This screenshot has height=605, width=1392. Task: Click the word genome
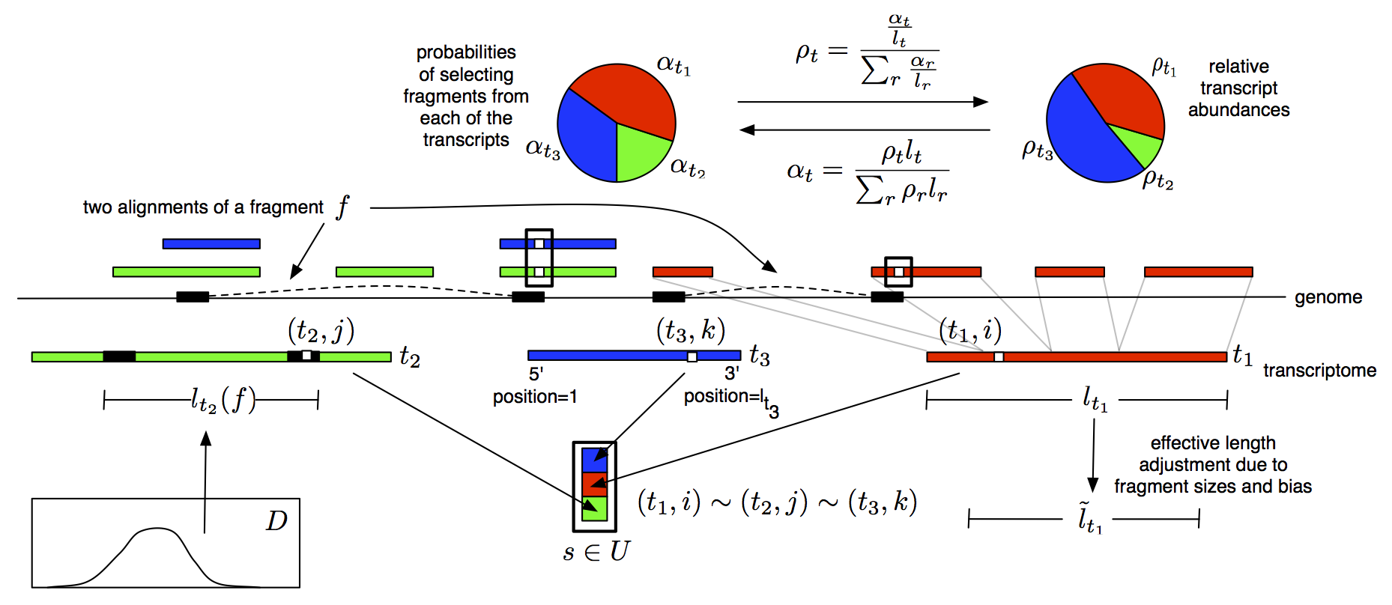tap(1328, 297)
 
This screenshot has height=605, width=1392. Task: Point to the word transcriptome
tap(1319, 371)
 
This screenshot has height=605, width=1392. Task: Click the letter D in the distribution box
tap(276, 520)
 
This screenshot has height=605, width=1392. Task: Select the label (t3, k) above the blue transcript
tap(690, 330)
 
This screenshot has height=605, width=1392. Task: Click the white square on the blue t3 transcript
tap(692, 357)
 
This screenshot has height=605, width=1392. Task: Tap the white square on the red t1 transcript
tap(998, 357)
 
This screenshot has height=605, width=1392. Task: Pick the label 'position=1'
tap(534, 397)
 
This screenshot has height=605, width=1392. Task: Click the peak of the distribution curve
tap(157, 529)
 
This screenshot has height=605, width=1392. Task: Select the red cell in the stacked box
tap(594, 484)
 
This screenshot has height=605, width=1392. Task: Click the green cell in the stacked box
tap(594, 509)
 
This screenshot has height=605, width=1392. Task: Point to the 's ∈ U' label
tap(596, 552)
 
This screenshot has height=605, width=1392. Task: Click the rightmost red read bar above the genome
tap(1198, 272)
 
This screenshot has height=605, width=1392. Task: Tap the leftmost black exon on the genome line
tap(193, 297)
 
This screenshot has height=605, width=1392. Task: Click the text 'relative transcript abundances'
tap(1238, 88)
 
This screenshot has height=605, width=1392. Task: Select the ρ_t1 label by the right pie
tap(1163, 67)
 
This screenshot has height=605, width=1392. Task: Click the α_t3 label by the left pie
tap(543, 148)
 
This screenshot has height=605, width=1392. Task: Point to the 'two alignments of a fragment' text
tap(203, 207)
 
